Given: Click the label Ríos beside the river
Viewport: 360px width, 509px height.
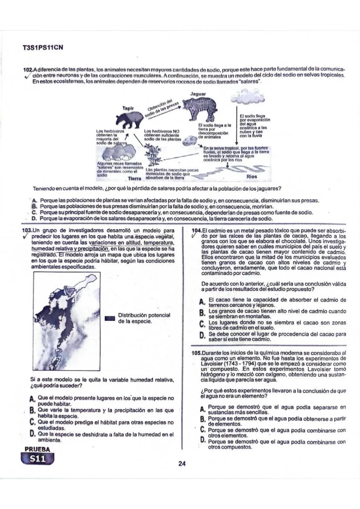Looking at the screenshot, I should click(252, 177).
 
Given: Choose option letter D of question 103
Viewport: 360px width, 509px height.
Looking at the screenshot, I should click(32, 433).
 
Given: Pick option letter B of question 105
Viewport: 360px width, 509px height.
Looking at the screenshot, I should click(202, 419).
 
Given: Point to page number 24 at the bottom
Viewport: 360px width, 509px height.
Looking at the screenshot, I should click(182, 463).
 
